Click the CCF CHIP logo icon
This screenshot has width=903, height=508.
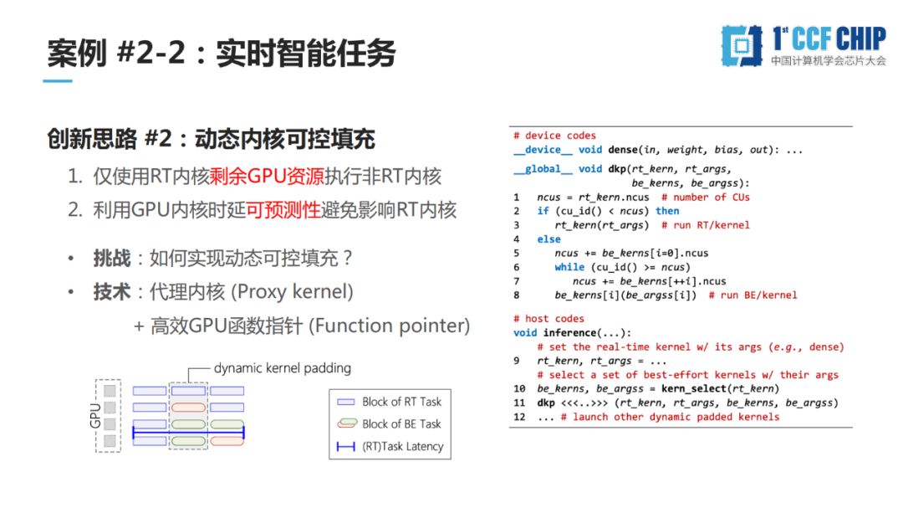(x=742, y=45)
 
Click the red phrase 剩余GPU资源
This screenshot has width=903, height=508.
(x=268, y=176)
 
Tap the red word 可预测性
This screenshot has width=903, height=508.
(x=283, y=210)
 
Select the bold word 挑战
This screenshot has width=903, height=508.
(x=112, y=258)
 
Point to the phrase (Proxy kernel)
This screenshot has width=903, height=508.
(x=292, y=292)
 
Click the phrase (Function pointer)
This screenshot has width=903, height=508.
(x=390, y=326)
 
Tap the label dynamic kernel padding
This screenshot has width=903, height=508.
(x=283, y=368)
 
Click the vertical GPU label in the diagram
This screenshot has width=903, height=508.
(x=95, y=415)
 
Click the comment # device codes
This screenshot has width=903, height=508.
(x=554, y=136)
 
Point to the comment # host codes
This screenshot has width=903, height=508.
(x=548, y=318)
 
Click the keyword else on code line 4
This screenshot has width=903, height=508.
(x=548, y=239)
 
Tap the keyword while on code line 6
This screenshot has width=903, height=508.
(x=569, y=267)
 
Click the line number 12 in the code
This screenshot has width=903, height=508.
(x=519, y=417)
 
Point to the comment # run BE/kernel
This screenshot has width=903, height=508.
(x=752, y=295)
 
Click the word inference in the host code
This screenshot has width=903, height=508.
(x=569, y=333)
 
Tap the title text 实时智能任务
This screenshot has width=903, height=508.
(x=306, y=54)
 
